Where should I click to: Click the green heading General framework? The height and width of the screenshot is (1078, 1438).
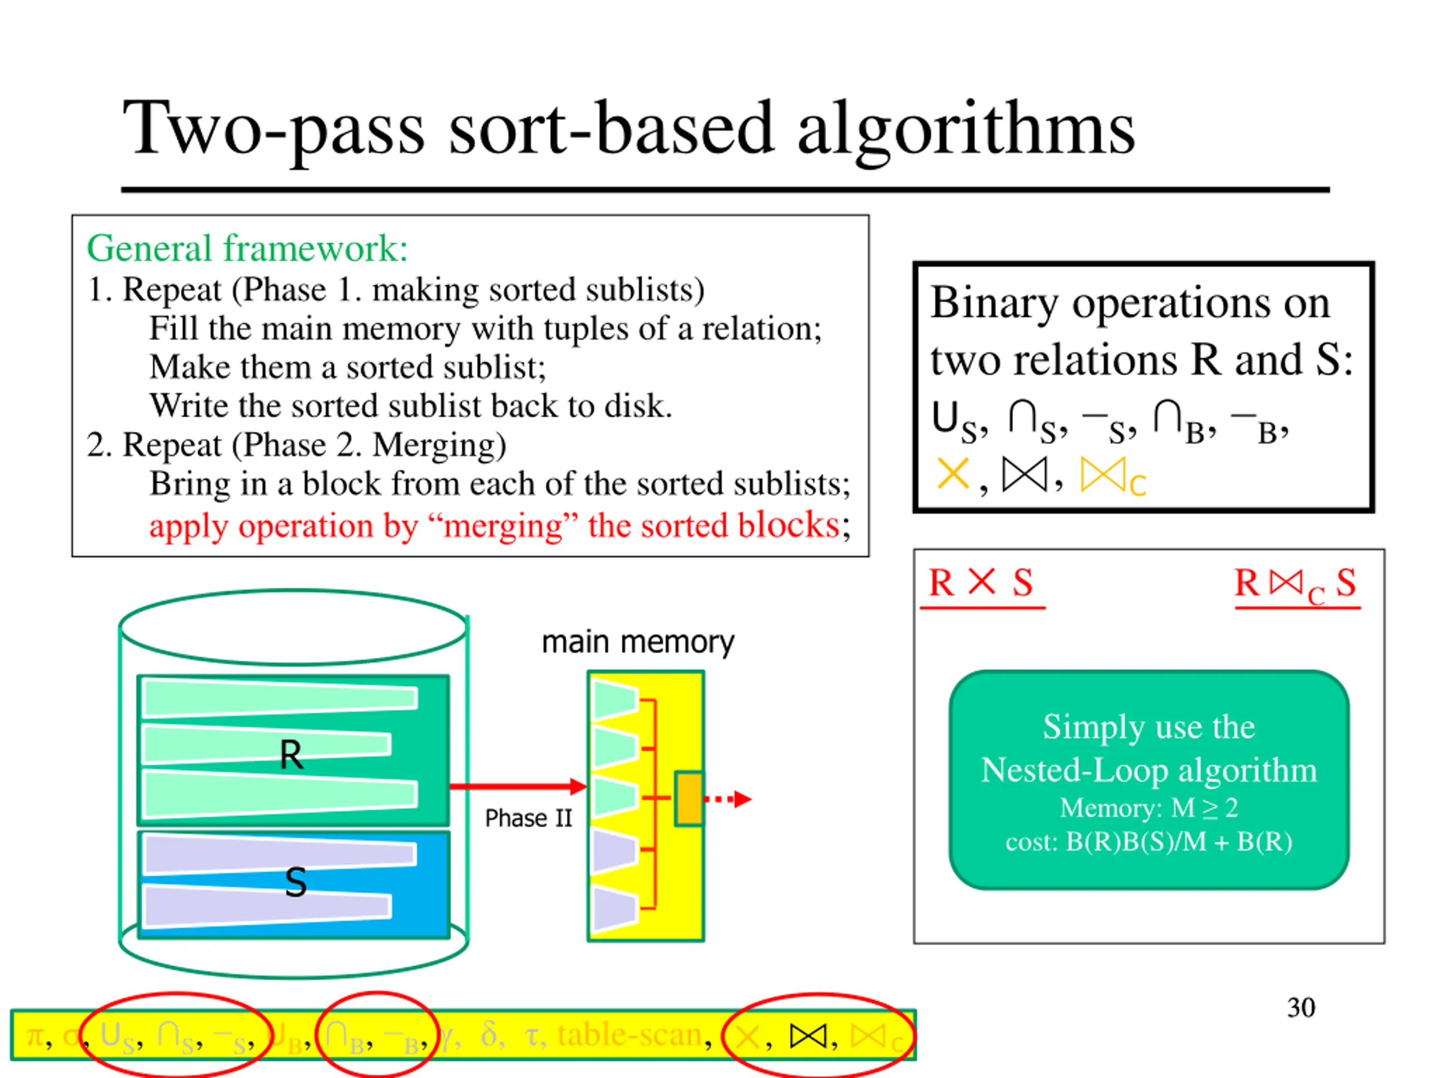coord(247,248)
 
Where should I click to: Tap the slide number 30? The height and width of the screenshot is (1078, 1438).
coord(1300,1008)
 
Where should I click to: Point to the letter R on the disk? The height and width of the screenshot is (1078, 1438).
coord(290,755)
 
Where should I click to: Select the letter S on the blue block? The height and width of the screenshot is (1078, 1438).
coord(296,883)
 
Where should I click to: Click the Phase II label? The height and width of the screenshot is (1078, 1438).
coord(528,818)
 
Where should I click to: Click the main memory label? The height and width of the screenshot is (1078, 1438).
coord(638,642)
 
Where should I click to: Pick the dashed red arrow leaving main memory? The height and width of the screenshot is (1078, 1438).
coord(728,798)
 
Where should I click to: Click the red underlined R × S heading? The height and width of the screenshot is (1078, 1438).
coord(982,583)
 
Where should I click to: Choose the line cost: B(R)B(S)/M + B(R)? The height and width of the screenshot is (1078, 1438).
coord(1149,842)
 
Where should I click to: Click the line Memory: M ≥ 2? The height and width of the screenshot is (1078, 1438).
coord(1149,808)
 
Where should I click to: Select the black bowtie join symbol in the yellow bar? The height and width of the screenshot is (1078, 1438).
coord(808,1036)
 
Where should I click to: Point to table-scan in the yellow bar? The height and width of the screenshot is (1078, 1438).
coord(629,1034)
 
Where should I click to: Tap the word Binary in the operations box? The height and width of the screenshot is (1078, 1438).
coord(994,303)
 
